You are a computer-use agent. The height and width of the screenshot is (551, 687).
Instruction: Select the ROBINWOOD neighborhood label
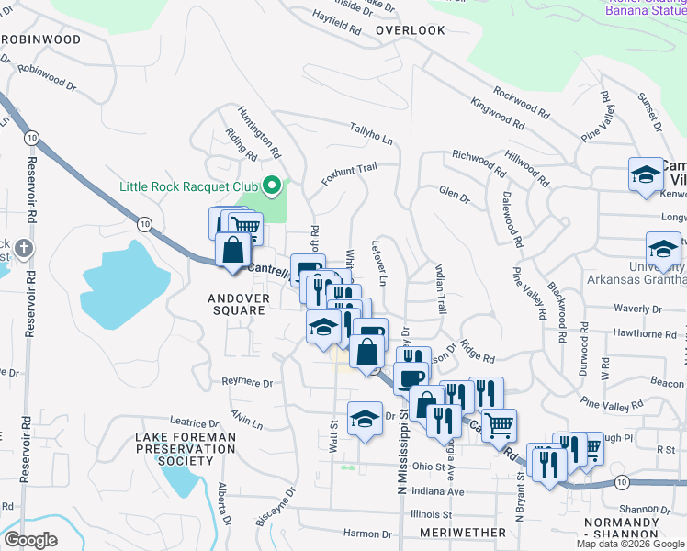coord(40,40)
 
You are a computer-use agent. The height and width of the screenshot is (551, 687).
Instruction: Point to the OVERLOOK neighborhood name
coord(411,30)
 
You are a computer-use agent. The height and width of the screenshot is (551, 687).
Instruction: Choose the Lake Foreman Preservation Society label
coord(179,448)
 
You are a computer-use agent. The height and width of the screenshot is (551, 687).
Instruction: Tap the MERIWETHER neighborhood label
coord(462,533)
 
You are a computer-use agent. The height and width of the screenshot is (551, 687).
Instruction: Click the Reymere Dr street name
coord(249,381)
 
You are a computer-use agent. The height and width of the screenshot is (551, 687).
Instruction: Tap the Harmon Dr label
coord(367,534)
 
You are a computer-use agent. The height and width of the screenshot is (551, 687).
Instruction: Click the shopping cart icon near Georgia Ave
coord(499,423)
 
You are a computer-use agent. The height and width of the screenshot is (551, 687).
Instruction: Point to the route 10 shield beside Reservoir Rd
coord(32,137)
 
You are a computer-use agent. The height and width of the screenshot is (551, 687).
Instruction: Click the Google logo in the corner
coord(30,540)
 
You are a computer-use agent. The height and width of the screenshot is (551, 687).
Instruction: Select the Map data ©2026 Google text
coord(630,544)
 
